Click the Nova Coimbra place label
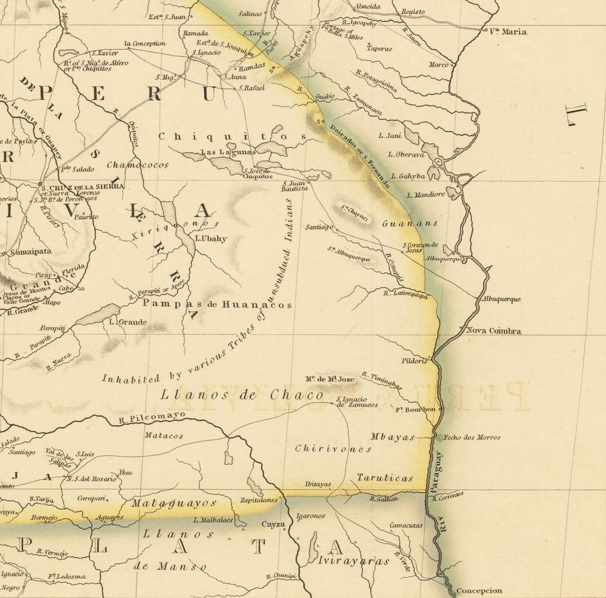[494, 330]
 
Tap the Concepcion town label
[479, 591]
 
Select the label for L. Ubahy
[211, 238]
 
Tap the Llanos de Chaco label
[242, 395]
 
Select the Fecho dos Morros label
[471, 437]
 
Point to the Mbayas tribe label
[393, 437]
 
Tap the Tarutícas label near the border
[384, 478]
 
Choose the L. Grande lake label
[127, 322]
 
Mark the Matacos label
[163, 436]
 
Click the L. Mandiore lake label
[426, 195]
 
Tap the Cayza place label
[273, 524]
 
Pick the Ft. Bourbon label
[415, 409]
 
